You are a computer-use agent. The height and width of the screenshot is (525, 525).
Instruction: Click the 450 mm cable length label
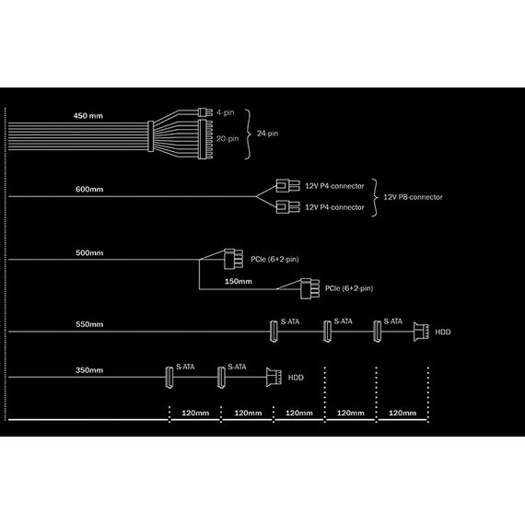[x=88, y=116]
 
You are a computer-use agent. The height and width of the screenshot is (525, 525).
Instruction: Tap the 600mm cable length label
[x=89, y=189]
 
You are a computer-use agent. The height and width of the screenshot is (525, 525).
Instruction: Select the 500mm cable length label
[x=89, y=252]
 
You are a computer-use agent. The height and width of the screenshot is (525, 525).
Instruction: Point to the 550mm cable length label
[x=89, y=324]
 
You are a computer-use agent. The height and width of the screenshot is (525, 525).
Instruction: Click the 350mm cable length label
[x=89, y=370]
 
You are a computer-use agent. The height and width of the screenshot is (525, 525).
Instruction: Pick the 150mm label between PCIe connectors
[x=238, y=281]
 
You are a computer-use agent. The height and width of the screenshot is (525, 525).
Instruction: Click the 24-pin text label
[x=267, y=134]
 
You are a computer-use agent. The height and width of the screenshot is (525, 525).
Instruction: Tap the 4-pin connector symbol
[x=204, y=112]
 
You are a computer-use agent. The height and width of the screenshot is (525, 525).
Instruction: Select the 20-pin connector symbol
[x=205, y=139]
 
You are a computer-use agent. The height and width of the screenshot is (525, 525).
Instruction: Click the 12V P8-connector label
[x=413, y=197]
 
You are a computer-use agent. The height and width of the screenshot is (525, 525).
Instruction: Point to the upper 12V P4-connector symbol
[x=287, y=186]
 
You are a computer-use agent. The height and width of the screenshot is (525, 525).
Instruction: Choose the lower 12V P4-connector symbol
[x=287, y=207]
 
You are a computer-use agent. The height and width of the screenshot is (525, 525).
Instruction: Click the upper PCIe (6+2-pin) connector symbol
[x=233, y=259]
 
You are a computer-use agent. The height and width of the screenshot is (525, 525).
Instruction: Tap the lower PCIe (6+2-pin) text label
[x=349, y=288]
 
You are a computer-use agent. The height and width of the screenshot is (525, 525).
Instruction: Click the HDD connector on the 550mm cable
[x=421, y=332]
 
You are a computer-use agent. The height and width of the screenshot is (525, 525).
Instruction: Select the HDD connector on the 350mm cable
[x=274, y=378]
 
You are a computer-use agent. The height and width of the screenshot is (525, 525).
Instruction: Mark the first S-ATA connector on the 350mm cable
[x=169, y=378]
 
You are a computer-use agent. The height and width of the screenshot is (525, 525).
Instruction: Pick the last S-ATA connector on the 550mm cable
[x=377, y=332]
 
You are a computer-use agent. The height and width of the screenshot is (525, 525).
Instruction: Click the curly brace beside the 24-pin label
[x=248, y=134]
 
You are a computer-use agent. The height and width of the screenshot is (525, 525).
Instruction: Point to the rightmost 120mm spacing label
[x=402, y=413]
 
